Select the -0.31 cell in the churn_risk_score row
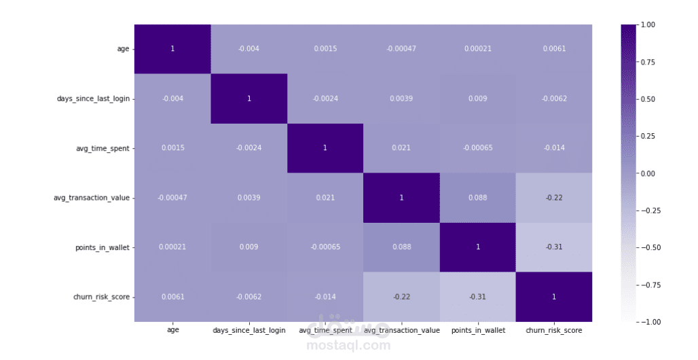click(477, 296)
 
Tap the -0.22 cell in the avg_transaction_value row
click(553, 198)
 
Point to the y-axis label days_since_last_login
click(94, 98)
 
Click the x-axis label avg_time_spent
click(325, 330)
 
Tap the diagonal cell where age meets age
click(172, 49)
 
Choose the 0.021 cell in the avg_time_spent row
click(401, 148)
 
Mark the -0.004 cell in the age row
click(249, 49)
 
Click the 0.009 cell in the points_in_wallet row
click(249, 247)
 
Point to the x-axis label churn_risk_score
click(553, 330)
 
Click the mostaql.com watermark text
click(348, 345)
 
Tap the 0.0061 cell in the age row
click(553, 49)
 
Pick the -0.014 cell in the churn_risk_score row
click(325, 296)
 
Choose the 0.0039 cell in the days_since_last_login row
click(401, 98)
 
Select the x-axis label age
click(172, 330)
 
